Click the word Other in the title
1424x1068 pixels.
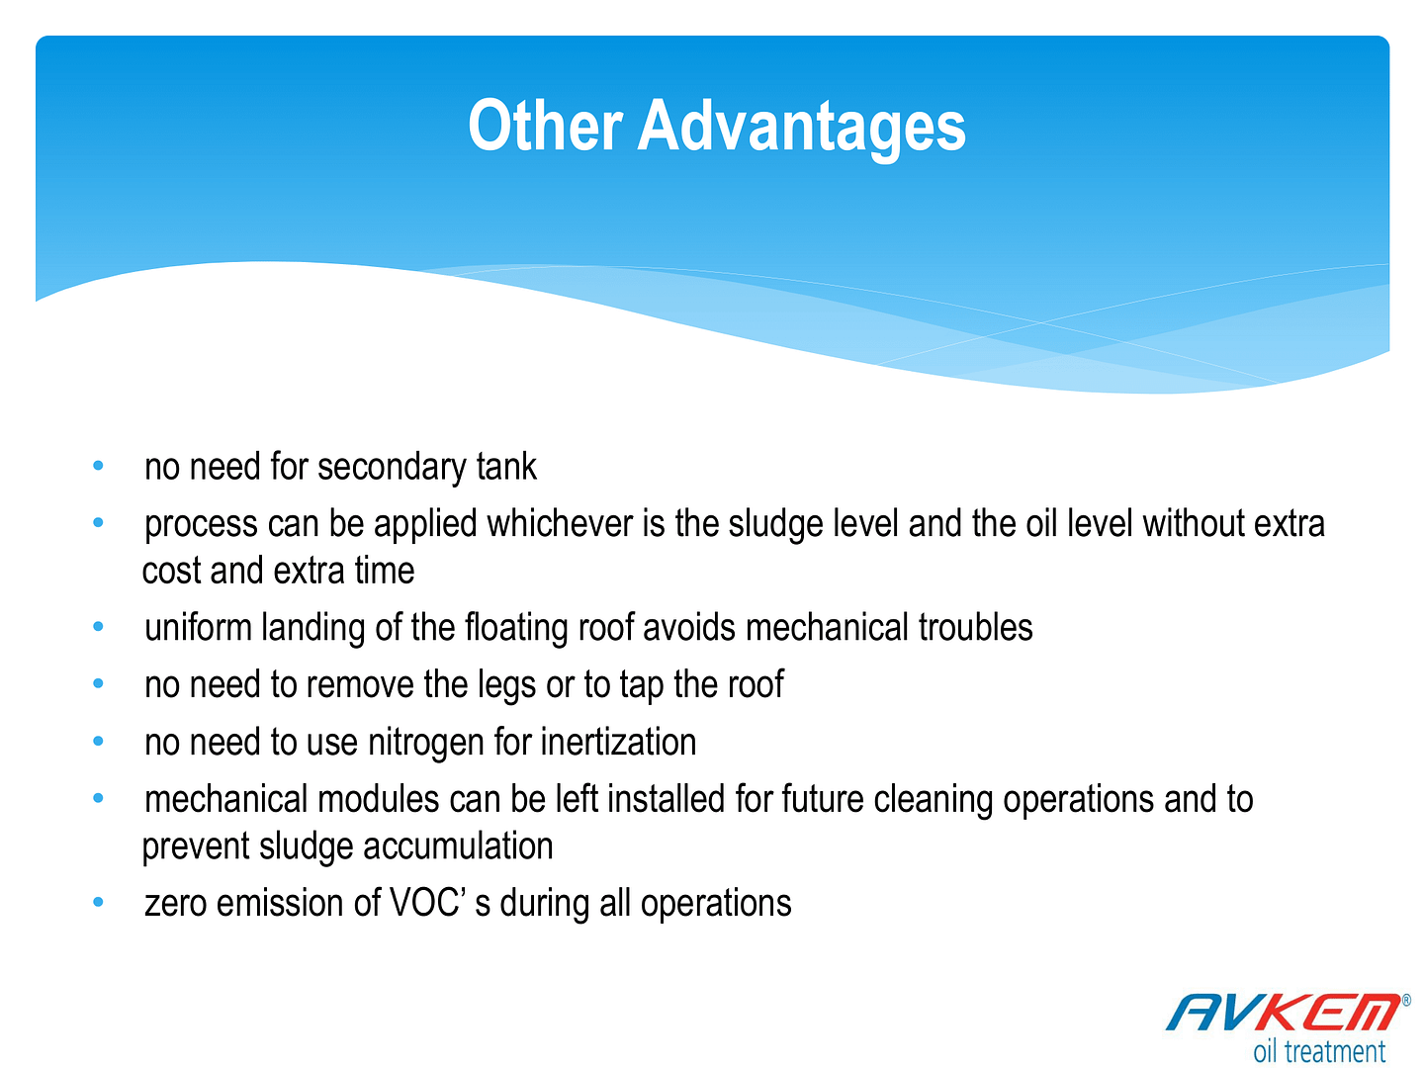click(x=545, y=126)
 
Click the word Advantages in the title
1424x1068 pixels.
click(x=801, y=129)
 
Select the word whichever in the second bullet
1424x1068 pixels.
click(x=560, y=523)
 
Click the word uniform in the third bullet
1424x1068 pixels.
click(x=198, y=628)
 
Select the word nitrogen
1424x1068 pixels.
click(x=425, y=743)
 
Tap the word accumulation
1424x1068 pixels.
click(x=458, y=845)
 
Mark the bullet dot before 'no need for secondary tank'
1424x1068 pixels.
click(x=98, y=465)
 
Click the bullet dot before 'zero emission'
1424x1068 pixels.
click(x=98, y=901)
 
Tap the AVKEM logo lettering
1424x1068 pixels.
click(x=1284, y=1012)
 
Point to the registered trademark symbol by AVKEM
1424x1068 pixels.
click(x=1406, y=1001)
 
